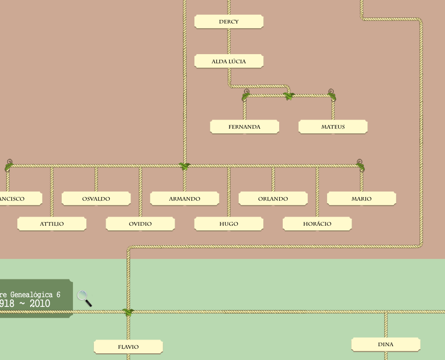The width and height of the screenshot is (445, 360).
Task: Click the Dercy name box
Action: tap(229, 22)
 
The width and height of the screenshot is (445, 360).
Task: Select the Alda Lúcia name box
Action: tap(229, 61)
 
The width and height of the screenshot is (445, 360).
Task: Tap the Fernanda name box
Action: tap(244, 127)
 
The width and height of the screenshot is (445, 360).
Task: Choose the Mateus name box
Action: tap(333, 127)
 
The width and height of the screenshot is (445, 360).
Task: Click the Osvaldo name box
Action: tap(96, 199)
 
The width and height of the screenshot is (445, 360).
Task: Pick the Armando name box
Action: tap(184, 199)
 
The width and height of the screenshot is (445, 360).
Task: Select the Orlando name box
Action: tap(273, 199)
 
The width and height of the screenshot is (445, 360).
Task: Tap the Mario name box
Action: tap(361, 199)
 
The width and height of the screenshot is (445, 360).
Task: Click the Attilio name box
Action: tap(52, 224)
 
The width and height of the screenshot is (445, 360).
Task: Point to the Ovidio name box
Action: tap(140, 224)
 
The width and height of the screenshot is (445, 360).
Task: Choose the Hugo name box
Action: tap(229, 224)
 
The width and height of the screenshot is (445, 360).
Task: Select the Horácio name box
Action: tap(317, 224)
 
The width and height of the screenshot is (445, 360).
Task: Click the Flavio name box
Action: tap(128, 347)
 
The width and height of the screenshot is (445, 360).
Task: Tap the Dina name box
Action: tap(386, 344)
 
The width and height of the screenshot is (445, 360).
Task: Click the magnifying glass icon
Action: tap(84, 298)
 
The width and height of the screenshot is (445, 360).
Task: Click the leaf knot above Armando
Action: tap(185, 166)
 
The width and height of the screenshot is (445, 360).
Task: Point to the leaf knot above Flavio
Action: tap(128, 311)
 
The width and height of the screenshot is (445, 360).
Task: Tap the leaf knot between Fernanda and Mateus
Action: tap(289, 95)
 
